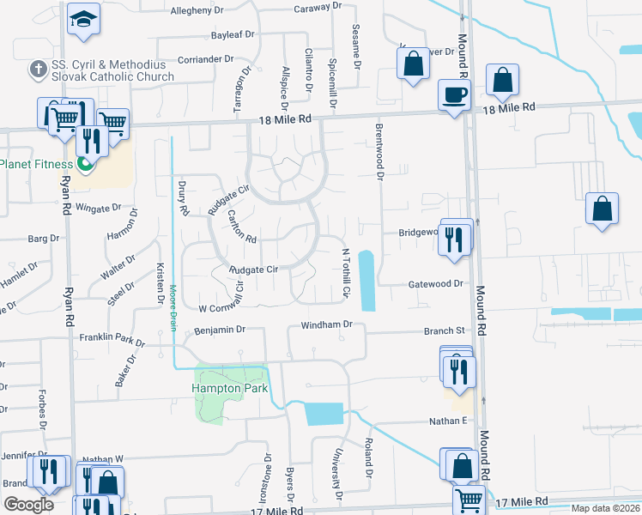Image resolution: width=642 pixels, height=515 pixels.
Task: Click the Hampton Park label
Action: click(230, 388)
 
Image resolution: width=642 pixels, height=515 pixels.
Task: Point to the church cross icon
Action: click(39, 69)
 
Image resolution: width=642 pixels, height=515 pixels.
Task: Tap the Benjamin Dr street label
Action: click(221, 329)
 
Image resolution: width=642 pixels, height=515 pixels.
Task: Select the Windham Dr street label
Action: click(326, 324)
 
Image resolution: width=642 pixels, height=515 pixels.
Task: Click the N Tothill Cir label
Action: click(347, 273)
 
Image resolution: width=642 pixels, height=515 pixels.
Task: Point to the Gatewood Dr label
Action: click(435, 283)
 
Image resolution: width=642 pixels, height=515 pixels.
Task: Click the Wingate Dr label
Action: click(99, 209)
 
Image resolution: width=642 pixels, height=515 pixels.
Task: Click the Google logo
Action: click(28, 504)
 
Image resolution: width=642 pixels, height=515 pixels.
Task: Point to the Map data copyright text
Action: click(606, 508)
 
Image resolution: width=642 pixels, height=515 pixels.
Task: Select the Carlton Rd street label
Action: click(240, 227)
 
